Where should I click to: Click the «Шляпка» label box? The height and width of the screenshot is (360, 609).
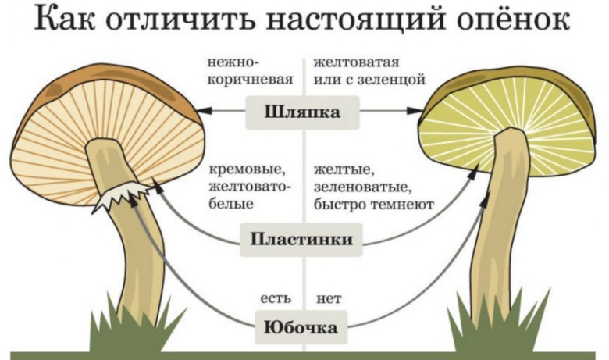(303, 112)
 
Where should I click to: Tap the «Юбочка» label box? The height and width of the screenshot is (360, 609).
(303, 326)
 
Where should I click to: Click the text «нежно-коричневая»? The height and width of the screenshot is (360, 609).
(250, 70)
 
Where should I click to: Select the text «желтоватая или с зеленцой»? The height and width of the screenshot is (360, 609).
(367, 70)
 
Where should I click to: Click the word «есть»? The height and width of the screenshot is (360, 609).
(276, 298)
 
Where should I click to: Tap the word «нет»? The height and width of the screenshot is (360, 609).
(329, 298)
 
